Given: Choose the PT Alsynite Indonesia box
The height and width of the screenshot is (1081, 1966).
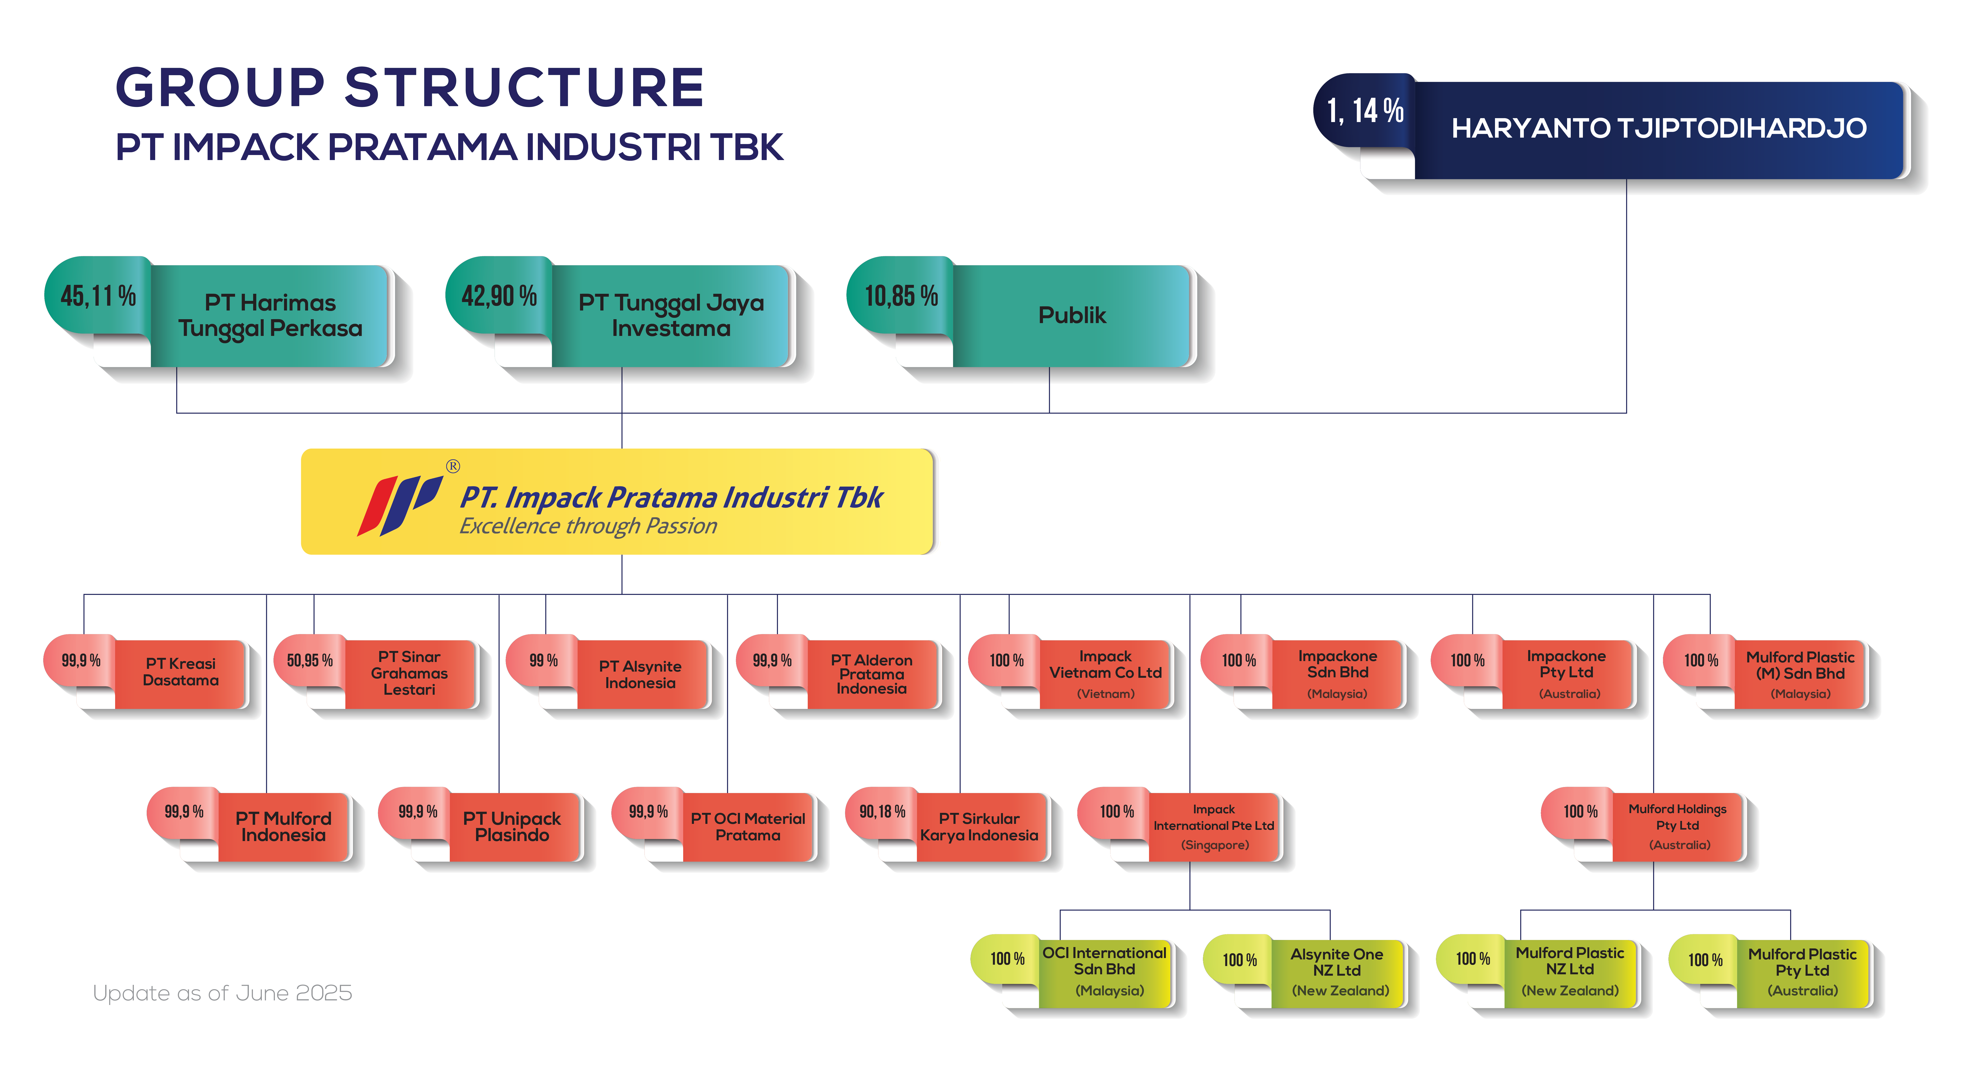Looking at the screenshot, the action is (x=641, y=674).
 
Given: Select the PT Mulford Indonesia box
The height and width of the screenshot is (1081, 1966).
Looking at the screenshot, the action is (x=283, y=827).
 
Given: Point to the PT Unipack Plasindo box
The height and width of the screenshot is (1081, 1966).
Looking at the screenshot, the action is (x=512, y=827).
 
